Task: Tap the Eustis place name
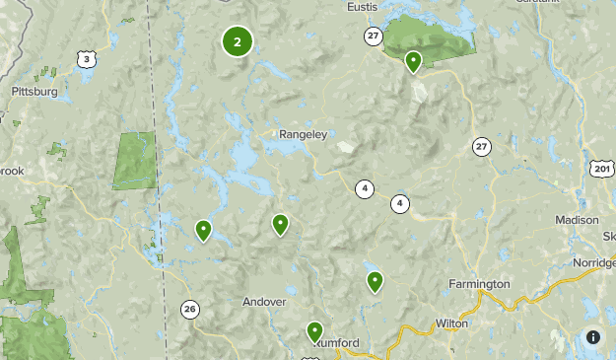click(363, 7)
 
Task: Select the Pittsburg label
click(34, 91)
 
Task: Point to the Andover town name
click(263, 302)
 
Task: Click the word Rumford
click(338, 342)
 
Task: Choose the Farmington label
click(479, 284)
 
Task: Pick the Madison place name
click(578, 220)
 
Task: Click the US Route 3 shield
click(87, 60)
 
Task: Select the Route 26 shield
click(189, 310)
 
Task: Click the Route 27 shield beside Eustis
click(372, 36)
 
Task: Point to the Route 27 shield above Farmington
click(480, 146)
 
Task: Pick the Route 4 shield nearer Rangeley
click(365, 188)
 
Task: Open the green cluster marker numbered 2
click(238, 41)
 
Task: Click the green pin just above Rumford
click(314, 332)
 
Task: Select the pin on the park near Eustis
click(414, 62)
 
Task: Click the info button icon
click(592, 336)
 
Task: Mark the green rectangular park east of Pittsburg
click(135, 159)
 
